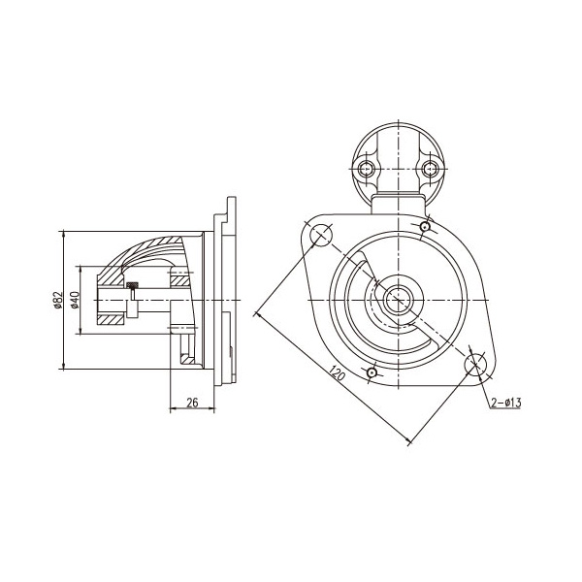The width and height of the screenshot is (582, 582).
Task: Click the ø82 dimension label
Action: coord(57,300)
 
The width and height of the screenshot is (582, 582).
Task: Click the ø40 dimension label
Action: coord(75,300)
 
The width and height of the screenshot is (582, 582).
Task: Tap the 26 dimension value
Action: coord(192,403)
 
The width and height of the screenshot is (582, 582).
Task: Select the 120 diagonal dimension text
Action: coord(338,373)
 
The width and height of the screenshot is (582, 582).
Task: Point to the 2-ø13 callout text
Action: coord(506,403)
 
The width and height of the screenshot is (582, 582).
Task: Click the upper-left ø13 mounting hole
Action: coord(321,235)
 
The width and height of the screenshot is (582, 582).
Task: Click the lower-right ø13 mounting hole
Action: coord(475,364)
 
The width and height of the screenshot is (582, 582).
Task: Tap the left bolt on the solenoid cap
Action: coord(367,169)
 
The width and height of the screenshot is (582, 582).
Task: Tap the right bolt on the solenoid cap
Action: coord(430,169)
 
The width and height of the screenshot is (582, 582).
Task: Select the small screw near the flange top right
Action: coord(425,226)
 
